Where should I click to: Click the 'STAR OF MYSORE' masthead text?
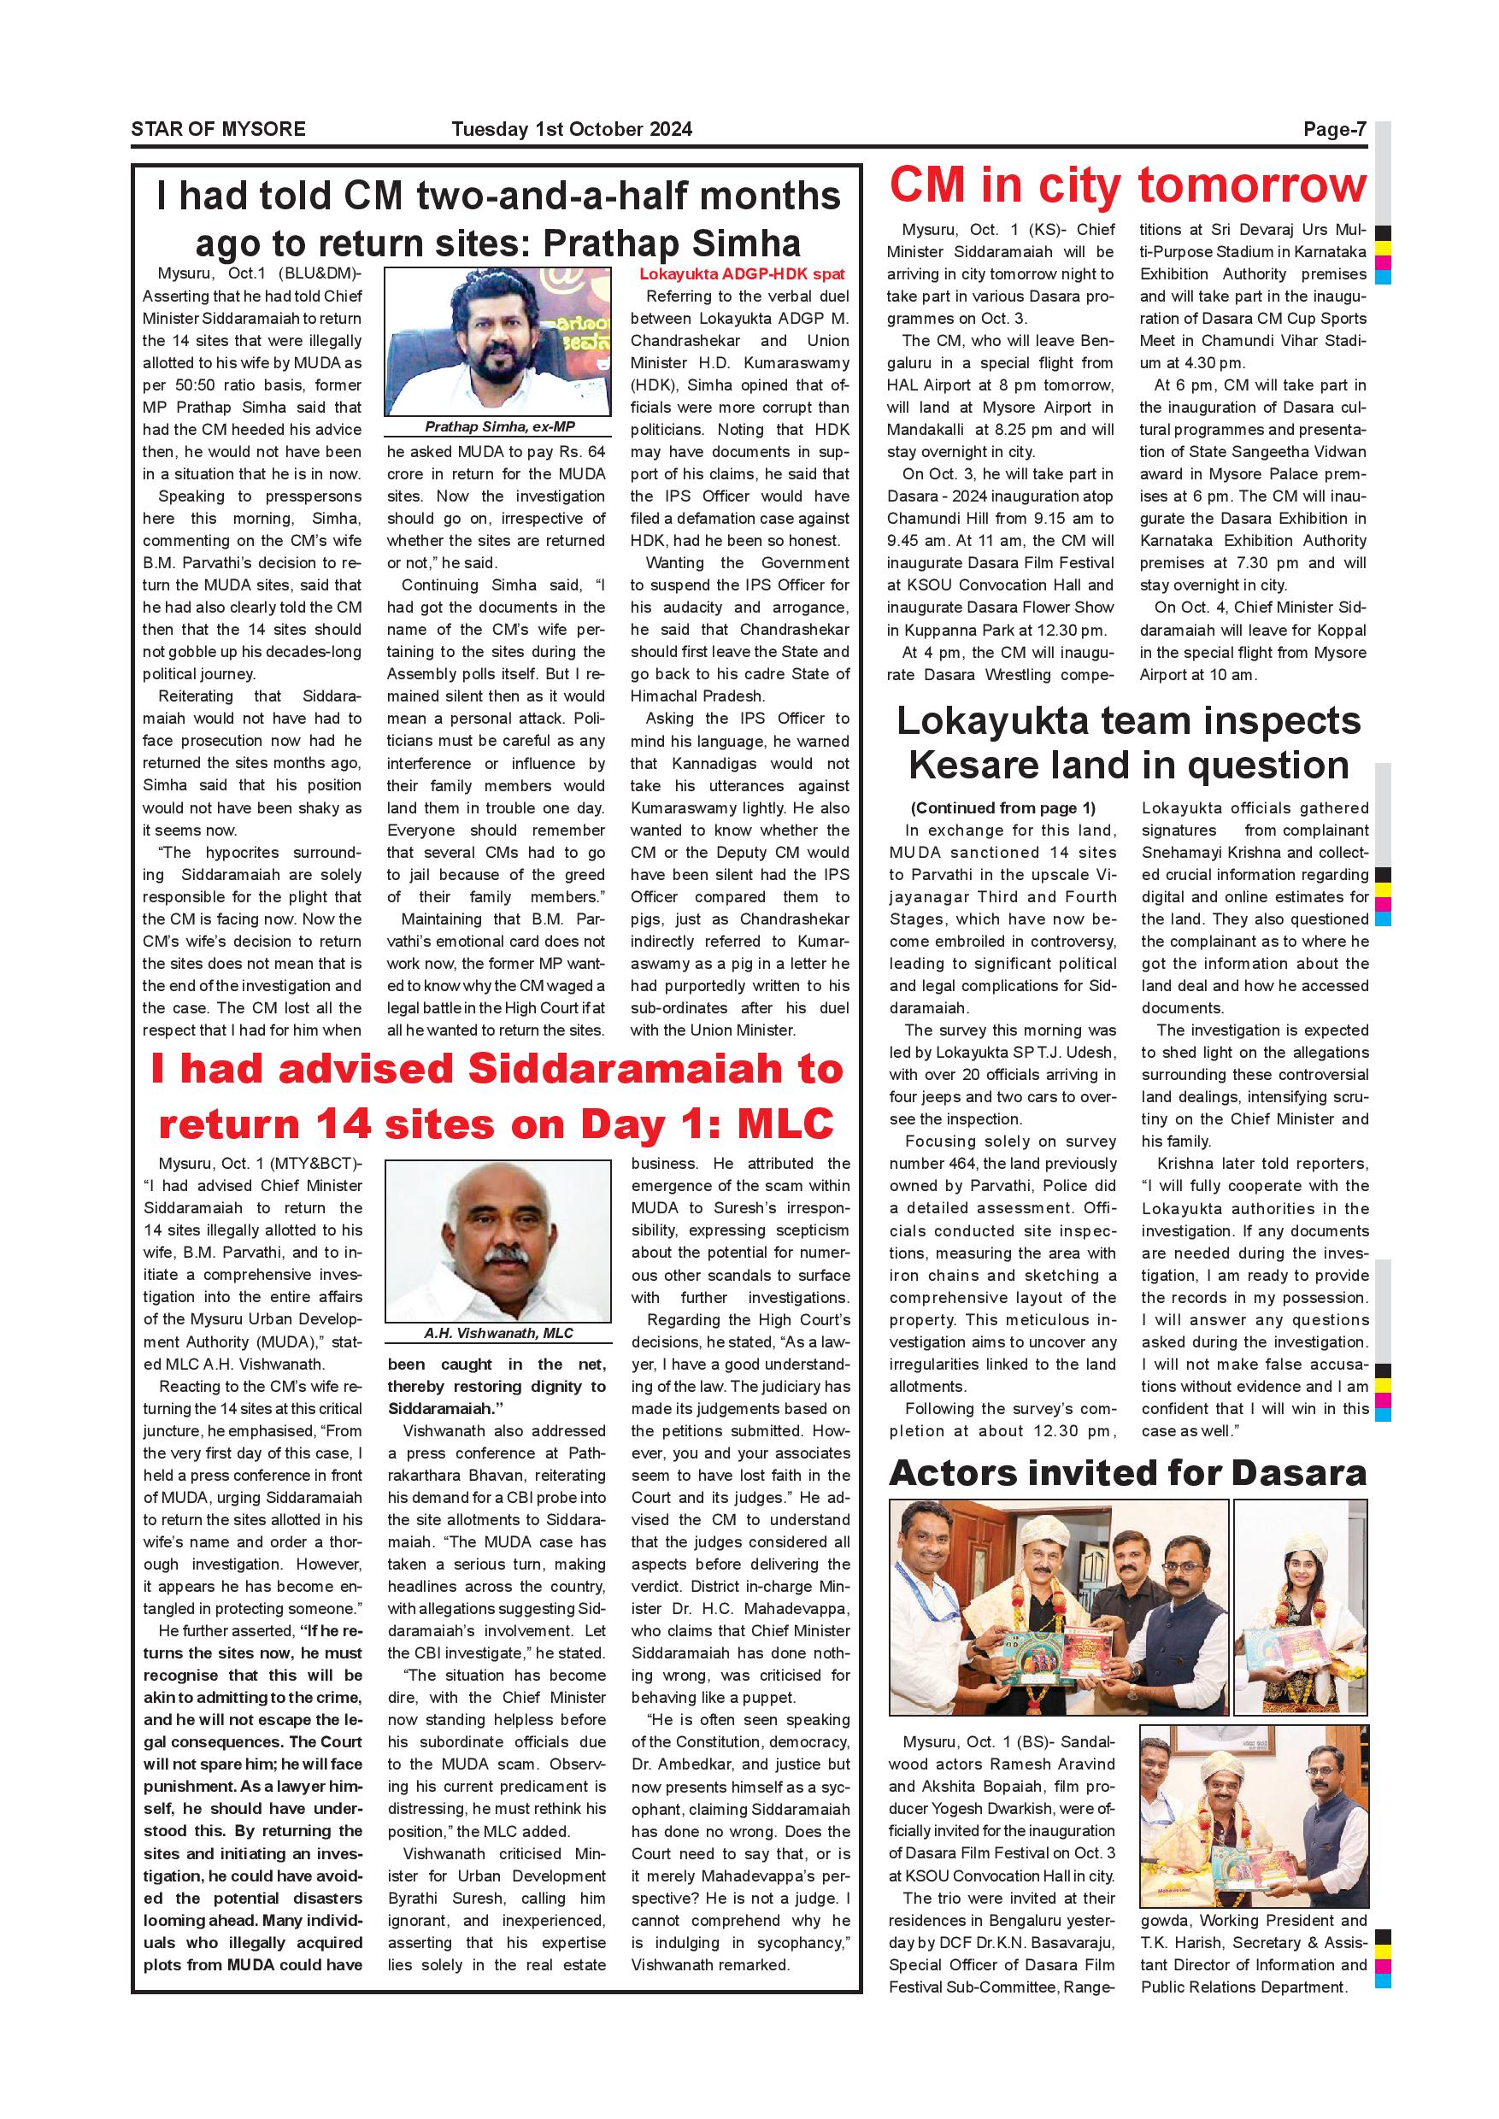pos(218,129)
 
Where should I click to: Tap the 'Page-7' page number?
pos(1334,129)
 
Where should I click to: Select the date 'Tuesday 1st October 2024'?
pos(572,129)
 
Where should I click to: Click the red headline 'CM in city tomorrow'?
pos(1127,185)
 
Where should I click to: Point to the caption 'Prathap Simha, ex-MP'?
pos(498,426)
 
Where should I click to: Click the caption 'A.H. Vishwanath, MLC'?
pos(498,1333)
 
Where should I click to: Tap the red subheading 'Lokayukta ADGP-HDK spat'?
pos(741,274)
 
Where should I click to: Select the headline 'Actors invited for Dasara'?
pos(1127,1473)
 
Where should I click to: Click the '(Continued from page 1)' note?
pos(1002,807)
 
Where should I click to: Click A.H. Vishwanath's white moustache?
pos(499,1259)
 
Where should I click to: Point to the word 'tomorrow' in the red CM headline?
pos(1252,185)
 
